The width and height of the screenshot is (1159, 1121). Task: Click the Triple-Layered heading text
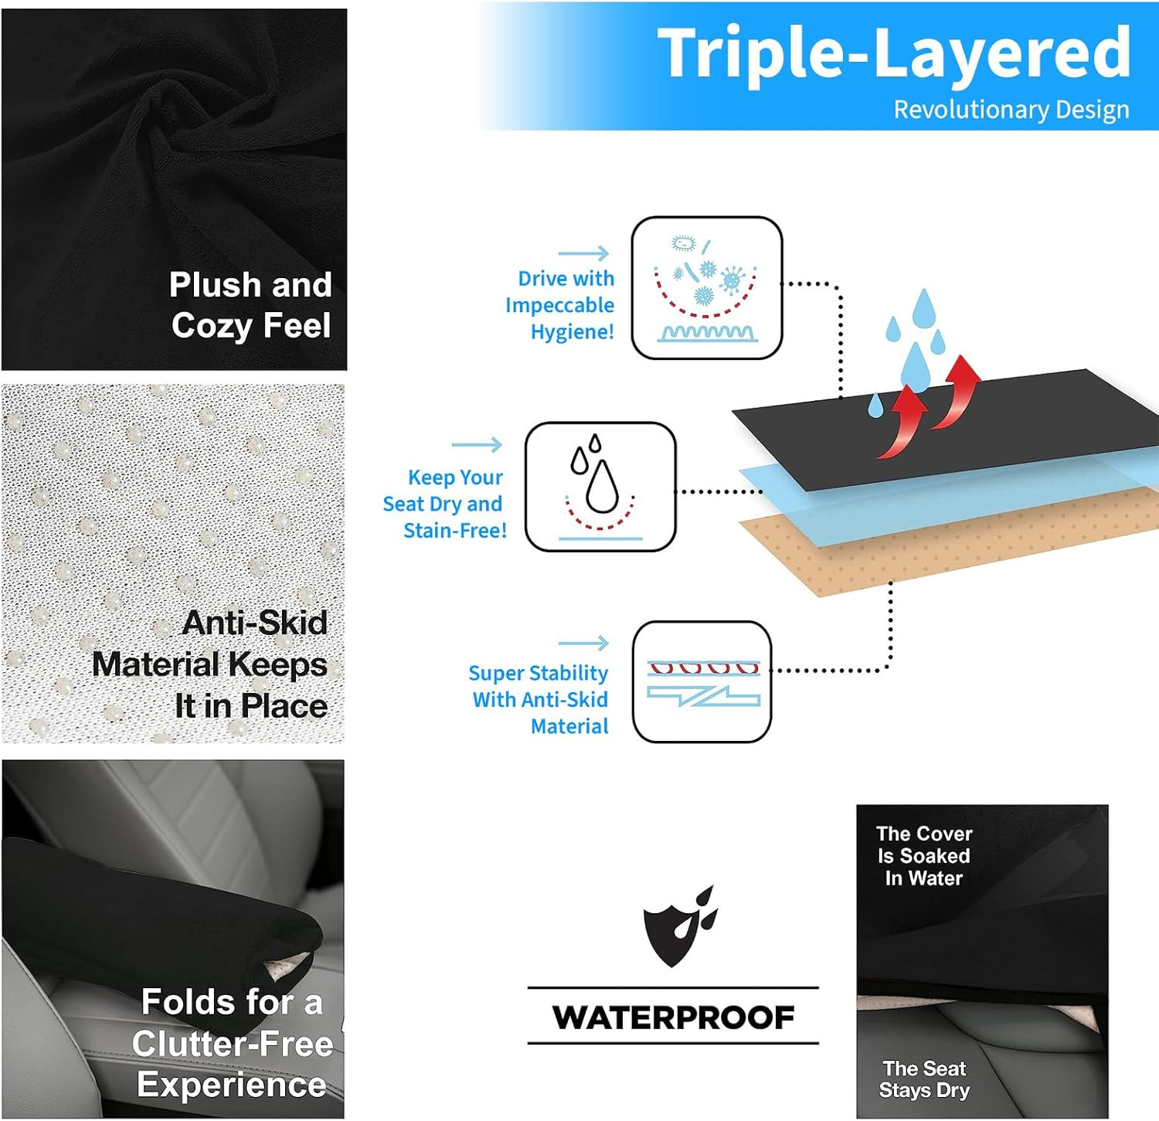click(893, 53)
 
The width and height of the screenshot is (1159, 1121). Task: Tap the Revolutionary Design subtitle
click(1011, 110)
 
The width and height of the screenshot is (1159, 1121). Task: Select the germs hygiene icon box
click(706, 287)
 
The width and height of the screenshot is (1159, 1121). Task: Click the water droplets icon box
click(600, 487)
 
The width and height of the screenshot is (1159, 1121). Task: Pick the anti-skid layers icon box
click(702, 681)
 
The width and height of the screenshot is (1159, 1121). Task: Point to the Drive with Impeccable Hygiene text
click(562, 305)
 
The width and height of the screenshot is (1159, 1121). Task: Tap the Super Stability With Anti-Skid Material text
click(540, 699)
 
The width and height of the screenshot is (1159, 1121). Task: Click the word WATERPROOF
click(673, 1017)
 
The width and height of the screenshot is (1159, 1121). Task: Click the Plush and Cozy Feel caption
click(251, 305)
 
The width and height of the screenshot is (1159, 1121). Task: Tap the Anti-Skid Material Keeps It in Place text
click(210, 664)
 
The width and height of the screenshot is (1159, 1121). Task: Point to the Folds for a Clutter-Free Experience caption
click(232, 1043)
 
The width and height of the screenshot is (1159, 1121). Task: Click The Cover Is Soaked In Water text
click(924, 856)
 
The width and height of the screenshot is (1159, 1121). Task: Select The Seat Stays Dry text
click(924, 1079)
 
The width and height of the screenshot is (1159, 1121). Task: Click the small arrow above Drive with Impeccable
click(583, 253)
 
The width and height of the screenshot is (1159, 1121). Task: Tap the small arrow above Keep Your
click(477, 444)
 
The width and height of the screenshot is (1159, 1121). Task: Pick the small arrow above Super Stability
click(583, 643)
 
